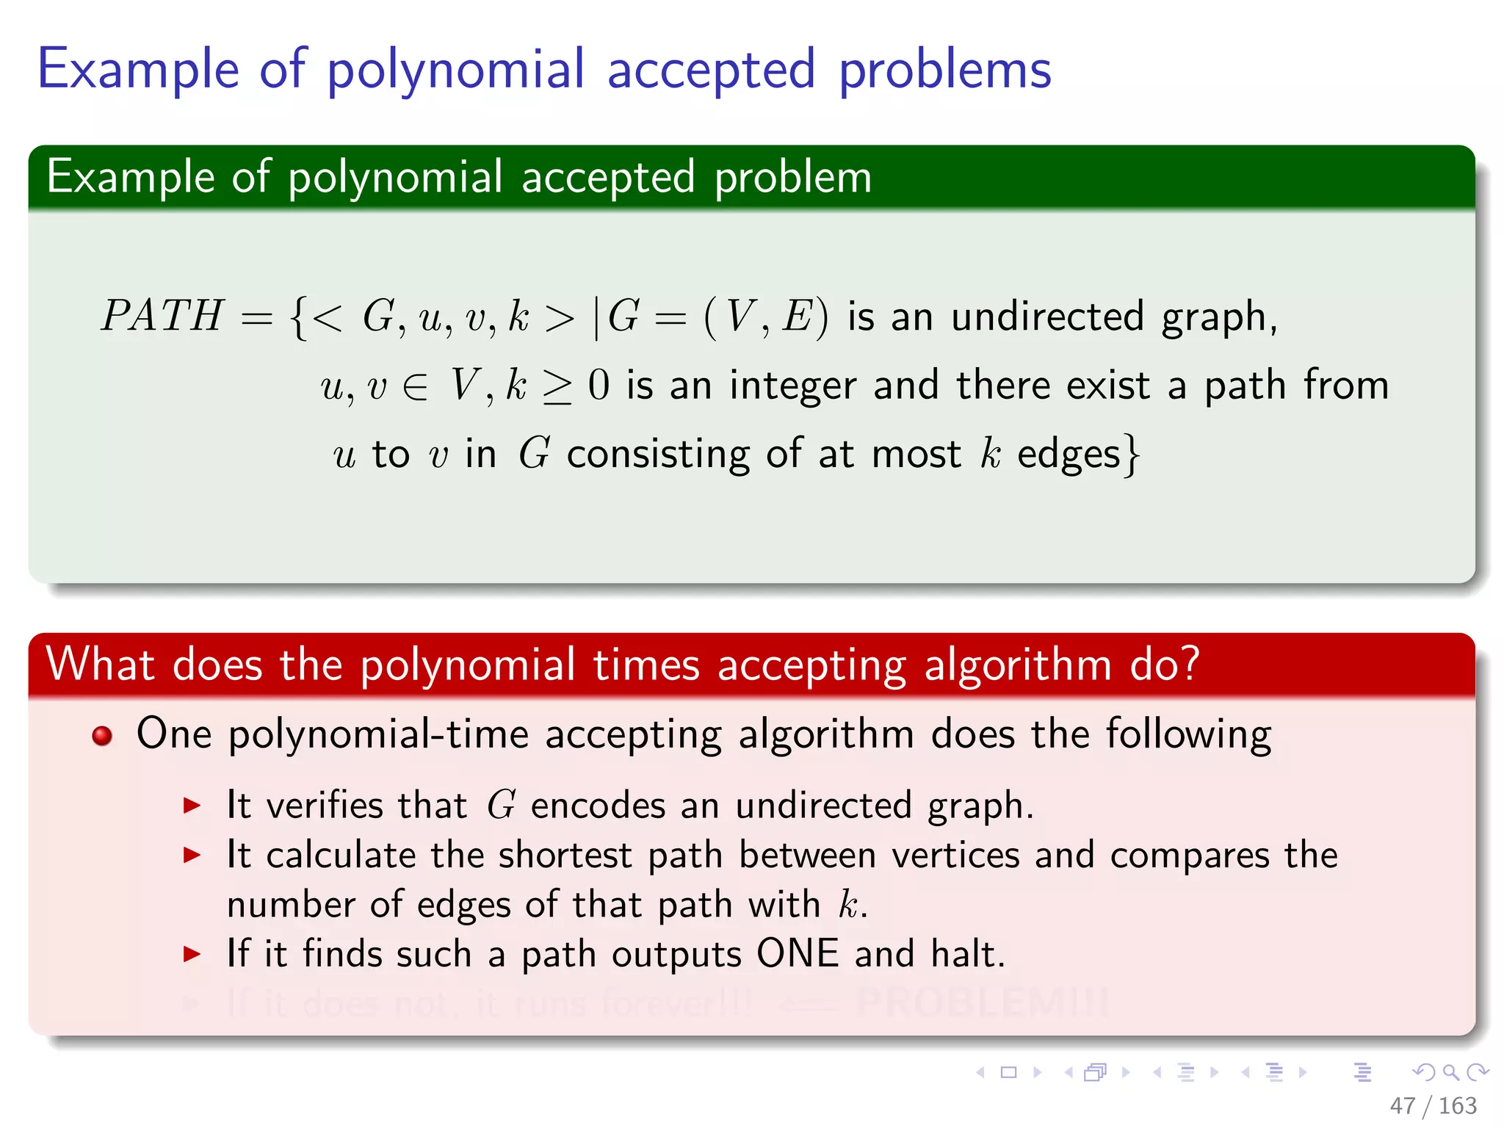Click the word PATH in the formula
point(162,316)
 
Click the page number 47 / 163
point(1433,1105)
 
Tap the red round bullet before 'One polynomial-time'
point(103,735)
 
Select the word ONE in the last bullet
point(798,953)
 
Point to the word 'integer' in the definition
point(793,386)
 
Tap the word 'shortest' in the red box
point(565,856)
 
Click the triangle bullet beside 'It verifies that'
point(192,806)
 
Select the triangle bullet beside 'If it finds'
point(192,954)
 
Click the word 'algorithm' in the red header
point(1018,665)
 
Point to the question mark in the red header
point(1190,664)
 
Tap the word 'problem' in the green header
point(793,178)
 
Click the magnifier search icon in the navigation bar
point(1450,1072)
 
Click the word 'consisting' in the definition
point(658,455)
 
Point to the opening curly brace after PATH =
point(298,317)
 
